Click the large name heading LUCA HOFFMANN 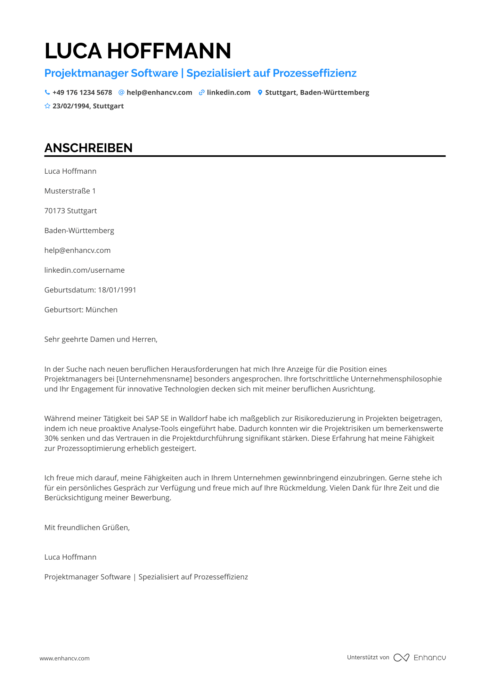pos(138,51)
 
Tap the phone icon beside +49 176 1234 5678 pos(47,92)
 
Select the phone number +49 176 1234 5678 pos(82,92)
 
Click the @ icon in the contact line pos(121,92)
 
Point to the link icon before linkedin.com pos(202,92)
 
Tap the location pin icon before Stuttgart pos(260,92)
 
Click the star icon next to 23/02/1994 pos(47,106)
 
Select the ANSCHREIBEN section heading pos(88,148)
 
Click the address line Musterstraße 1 pos(70,191)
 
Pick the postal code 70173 pos(55,211)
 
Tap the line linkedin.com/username pos(84,270)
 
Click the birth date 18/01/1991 pos(117,290)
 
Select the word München pos(101,310)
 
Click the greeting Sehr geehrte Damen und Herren pos(101,339)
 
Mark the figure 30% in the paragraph pos(51,438)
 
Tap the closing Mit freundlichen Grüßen pos(87,528)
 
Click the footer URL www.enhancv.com pos(65,658)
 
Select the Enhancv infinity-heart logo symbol pos(401,658)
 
